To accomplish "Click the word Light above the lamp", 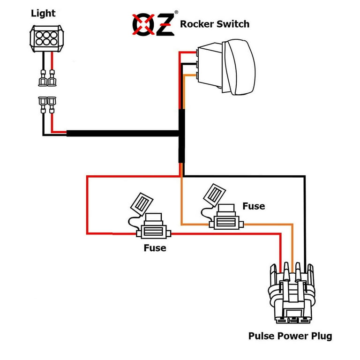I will (x=43, y=14).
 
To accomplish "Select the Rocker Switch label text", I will (x=215, y=24).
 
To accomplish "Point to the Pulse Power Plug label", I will (x=290, y=336).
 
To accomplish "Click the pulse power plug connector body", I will (x=292, y=295).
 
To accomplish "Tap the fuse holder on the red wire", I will (x=153, y=231).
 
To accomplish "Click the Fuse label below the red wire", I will (x=155, y=248).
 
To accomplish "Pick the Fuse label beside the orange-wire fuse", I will (x=254, y=206).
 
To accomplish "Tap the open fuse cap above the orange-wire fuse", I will (x=214, y=192).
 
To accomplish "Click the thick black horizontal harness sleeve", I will (x=122, y=134).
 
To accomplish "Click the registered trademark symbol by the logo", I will (x=177, y=13).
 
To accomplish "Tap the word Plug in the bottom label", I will (x=321, y=336).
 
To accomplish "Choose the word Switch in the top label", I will (x=234, y=24).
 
